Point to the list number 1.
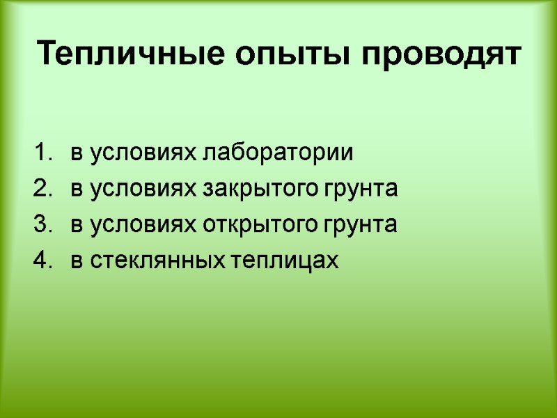[x=41, y=153]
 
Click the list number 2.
[x=41, y=189]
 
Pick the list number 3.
[x=41, y=225]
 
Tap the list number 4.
[x=41, y=261]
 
